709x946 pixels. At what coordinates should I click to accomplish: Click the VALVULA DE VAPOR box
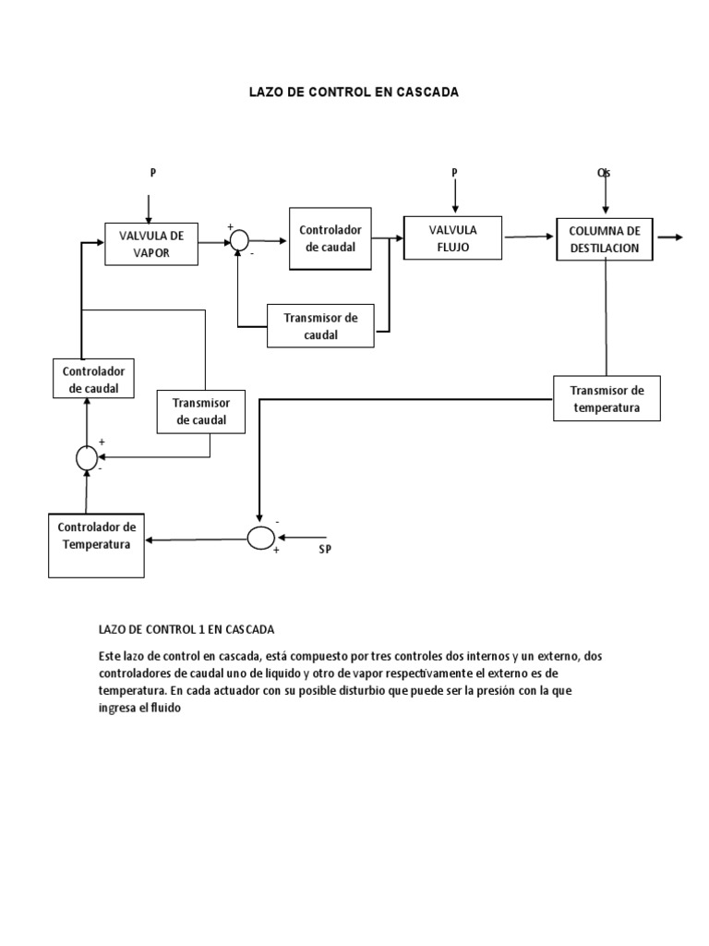coord(150,244)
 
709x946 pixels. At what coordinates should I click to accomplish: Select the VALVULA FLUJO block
coord(452,238)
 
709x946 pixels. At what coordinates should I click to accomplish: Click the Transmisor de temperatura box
coord(607,398)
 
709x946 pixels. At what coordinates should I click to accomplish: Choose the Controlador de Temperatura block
coord(97,536)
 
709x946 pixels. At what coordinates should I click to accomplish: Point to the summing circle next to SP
coord(260,537)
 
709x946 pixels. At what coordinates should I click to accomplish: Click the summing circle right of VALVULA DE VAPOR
coord(239,239)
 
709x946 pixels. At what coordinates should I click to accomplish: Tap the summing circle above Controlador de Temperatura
coord(87,455)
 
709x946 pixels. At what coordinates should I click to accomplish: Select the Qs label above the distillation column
coord(605,173)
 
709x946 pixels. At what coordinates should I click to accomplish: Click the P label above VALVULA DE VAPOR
coord(153,173)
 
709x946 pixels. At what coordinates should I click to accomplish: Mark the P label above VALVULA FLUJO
coord(453,173)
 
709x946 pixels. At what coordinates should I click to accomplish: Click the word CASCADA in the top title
coord(426,92)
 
